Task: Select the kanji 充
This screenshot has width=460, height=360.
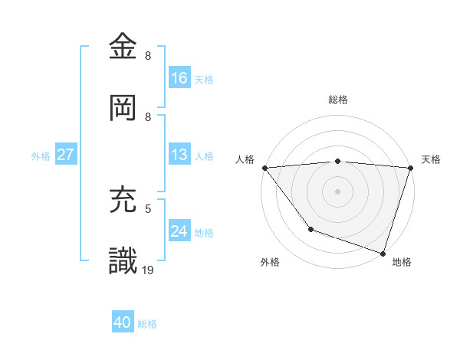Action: coord(123,200)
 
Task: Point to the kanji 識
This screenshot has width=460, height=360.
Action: coord(123,260)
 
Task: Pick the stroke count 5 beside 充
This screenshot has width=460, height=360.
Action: coord(148,208)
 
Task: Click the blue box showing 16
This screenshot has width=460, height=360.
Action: coord(179,78)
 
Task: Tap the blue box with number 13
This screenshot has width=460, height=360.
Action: coord(179,155)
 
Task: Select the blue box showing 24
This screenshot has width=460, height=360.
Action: coord(179,231)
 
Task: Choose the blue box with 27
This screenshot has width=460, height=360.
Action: coord(66,155)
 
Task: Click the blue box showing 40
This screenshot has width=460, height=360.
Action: coord(123,323)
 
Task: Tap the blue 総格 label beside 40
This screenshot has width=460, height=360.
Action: coord(147,324)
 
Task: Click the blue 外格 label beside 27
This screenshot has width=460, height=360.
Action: coord(41,155)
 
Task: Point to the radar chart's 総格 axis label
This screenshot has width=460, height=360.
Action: coord(337,100)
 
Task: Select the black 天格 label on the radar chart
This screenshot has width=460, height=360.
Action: coord(431,159)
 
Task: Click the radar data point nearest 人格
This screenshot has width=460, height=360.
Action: coord(264,168)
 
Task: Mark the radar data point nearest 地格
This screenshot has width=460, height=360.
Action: coord(383,253)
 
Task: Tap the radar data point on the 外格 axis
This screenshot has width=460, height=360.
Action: coord(310,228)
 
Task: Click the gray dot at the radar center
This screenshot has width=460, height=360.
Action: coord(337,191)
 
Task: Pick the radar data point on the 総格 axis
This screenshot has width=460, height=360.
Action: coord(337,161)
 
